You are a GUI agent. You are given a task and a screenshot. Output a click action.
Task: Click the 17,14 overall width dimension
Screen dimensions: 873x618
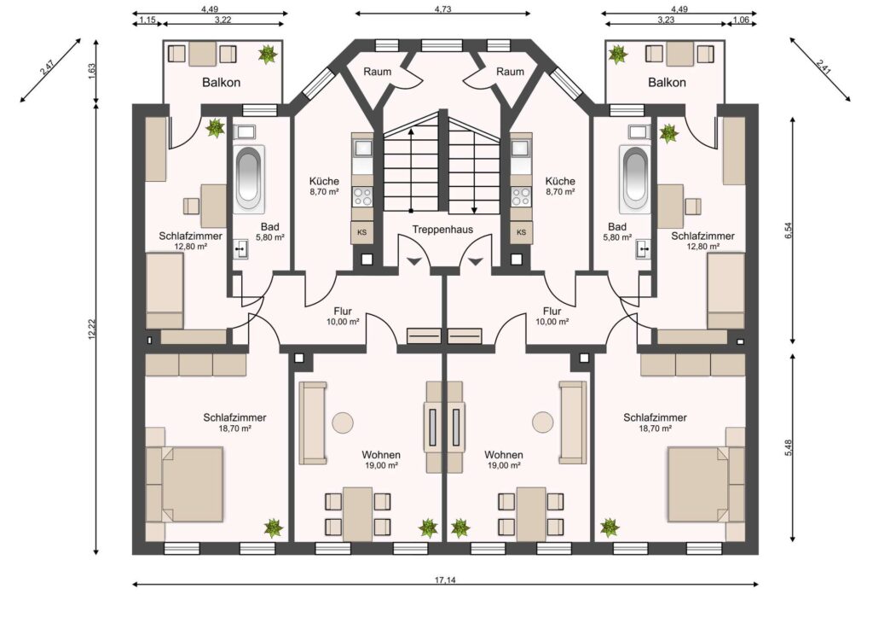[445, 580]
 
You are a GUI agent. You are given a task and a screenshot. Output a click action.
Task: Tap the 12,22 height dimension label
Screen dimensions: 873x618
[92, 329]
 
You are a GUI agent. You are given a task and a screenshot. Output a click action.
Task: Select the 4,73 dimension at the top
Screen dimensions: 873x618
[443, 9]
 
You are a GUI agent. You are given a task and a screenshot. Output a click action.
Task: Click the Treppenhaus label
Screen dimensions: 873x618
[442, 230]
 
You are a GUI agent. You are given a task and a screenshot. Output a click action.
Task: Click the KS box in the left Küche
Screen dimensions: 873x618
[361, 232]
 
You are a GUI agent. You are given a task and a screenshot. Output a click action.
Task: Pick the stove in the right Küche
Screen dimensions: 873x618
[521, 196]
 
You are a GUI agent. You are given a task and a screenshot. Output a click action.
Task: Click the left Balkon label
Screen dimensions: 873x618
[222, 83]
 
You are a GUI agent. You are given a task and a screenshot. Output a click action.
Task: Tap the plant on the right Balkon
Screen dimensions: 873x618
[617, 54]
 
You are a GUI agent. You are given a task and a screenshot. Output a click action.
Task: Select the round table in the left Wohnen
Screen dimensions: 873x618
[343, 423]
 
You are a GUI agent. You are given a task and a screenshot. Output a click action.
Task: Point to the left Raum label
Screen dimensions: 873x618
[378, 72]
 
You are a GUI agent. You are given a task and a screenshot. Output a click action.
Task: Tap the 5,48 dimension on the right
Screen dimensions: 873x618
[788, 448]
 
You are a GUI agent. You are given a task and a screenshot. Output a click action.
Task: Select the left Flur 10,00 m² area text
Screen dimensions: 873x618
[343, 322]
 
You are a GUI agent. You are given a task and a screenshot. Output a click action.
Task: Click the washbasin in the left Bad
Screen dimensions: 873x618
[241, 249]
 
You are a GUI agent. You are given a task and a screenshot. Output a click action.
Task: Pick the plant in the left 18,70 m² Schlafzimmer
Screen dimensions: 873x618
[273, 528]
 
